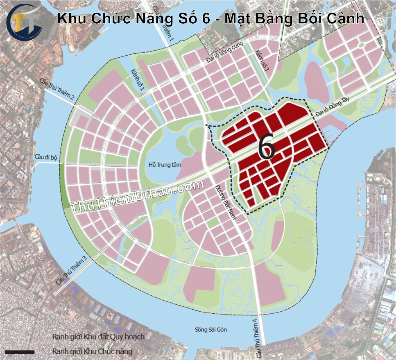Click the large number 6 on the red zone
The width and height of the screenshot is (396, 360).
(x=267, y=147)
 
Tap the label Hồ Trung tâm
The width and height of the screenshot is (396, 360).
(x=165, y=165)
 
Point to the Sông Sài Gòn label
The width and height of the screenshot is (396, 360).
(x=210, y=330)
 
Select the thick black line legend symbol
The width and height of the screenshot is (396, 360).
(x=20, y=351)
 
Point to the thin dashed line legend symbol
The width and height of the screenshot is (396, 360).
(x=20, y=340)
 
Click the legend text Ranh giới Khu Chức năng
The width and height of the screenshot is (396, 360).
(x=92, y=351)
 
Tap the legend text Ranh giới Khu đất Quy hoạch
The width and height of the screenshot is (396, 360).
(x=98, y=337)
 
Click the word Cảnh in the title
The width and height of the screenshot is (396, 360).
(x=345, y=19)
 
